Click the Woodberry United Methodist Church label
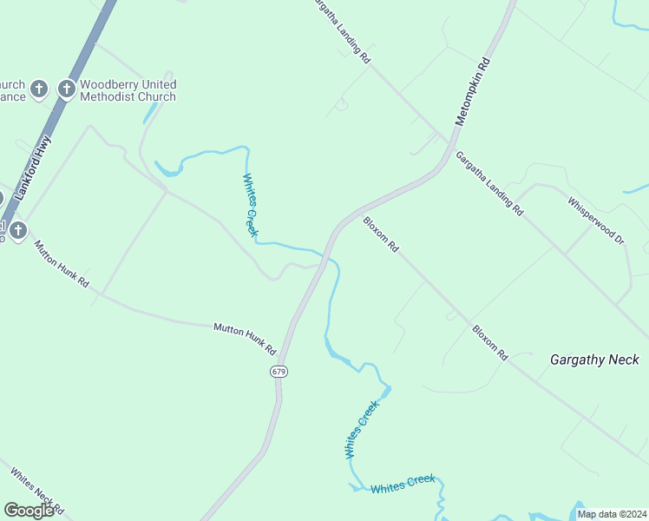coord(128,90)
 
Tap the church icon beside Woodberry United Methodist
coord(66,89)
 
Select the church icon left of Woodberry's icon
coord(38,89)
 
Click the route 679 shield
coord(279,371)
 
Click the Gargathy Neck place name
coord(594,359)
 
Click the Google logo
coord(28,511)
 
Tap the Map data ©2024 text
coord(611,514)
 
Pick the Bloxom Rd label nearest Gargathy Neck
coord(489,342)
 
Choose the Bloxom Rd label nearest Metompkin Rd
coord(381,234)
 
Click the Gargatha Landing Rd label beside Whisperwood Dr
coord(489,185)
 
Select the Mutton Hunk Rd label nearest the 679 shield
coord(245,339)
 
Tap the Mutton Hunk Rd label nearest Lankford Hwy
coord(62,264)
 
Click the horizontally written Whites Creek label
coord(403,484)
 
